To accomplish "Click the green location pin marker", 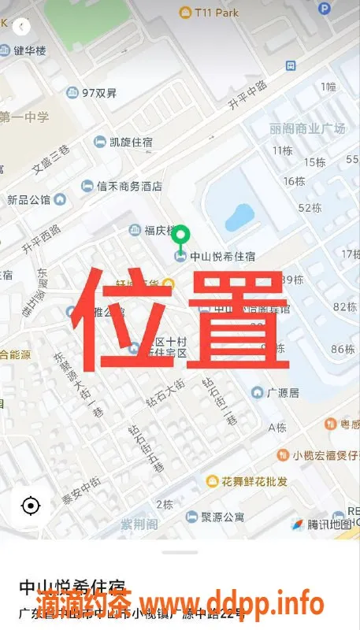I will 182,236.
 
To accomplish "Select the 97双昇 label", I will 99,93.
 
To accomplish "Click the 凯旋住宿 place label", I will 130,142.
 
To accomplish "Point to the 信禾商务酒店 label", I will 128,187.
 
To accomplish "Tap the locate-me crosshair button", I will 31,506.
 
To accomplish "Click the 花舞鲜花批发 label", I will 254,481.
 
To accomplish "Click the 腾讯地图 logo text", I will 328,524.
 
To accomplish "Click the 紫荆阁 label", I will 139,524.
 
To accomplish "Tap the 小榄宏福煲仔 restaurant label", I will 325,455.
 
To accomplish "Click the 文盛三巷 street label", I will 50,158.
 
